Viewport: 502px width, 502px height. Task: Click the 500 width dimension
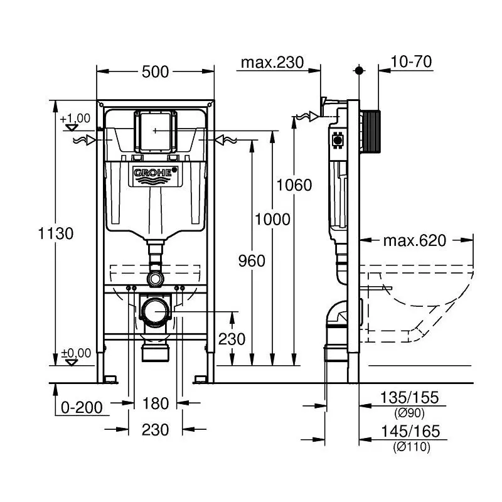pyautogui.click(x=155, y=72)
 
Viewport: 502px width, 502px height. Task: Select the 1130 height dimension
pyautogui.click(x=56, y=233)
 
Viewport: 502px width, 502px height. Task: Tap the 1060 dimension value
pyautogui.click(x=294, y=185)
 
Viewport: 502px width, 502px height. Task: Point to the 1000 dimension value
pyautogui.click(x=272, y=219)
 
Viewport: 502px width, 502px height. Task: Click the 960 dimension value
pyautogui.click(x=252, y=260)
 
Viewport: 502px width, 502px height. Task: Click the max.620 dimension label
pyautogui.click(x=414, y=240)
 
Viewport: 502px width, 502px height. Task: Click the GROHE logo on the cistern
pyautogui.click(x=155, y=173)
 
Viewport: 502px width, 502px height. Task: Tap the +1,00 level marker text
pyautogui.click(x=75, y=118)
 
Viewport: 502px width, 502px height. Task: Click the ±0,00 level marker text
pyautogui.click(x=75, y=353)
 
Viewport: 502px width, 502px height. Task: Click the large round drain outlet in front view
pyautogui.click(x=154, y=310)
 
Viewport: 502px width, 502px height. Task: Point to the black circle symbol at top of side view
pyautogui.click(x=359, y=70)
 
